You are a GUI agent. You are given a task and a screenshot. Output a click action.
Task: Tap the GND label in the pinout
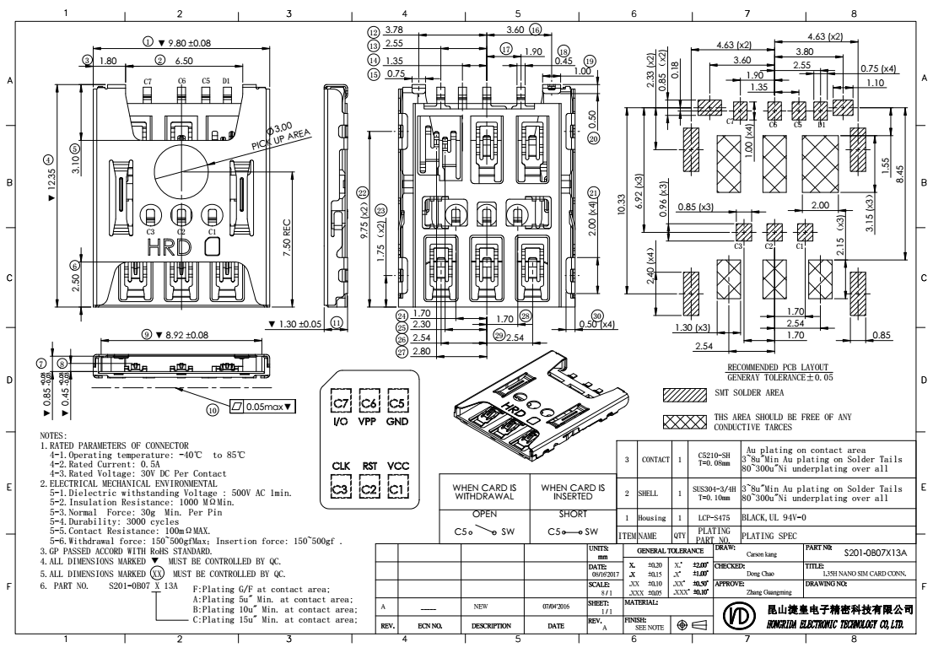(x=399, y=420)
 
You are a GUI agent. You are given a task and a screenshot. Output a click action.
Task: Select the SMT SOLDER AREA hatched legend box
(x=683, y=394)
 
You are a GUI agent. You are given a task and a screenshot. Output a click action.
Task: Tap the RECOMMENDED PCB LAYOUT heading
(x=781, y=368)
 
